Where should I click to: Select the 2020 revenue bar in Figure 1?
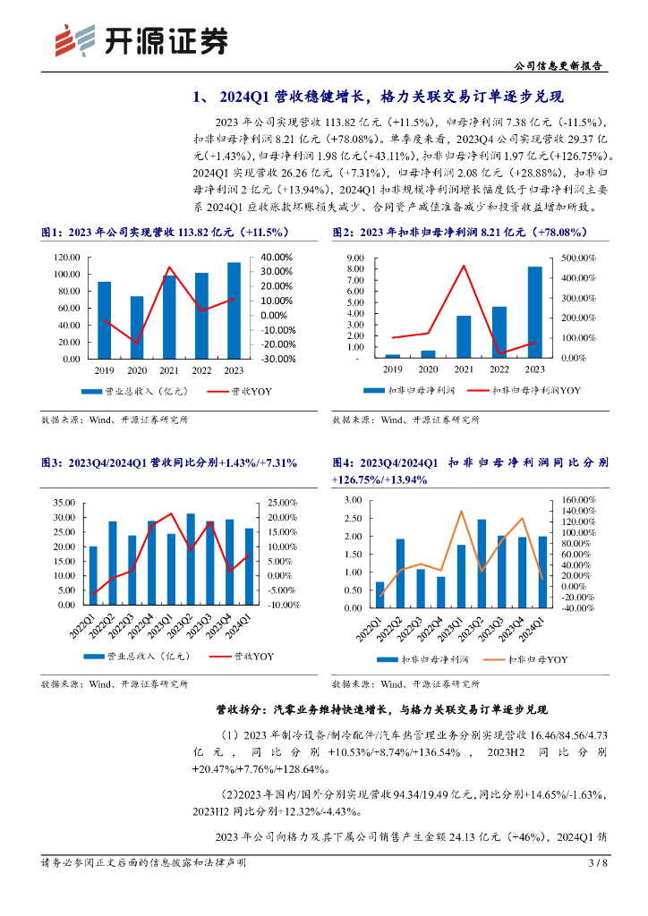pyautogui.click(x=137, y=327)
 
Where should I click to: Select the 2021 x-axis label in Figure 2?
pyautogui.click(x=464, y=369)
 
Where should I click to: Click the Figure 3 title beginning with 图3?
pyautogui.click(x=169, y=462)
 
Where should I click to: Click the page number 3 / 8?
pyautogui.click(x=598, y=863)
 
